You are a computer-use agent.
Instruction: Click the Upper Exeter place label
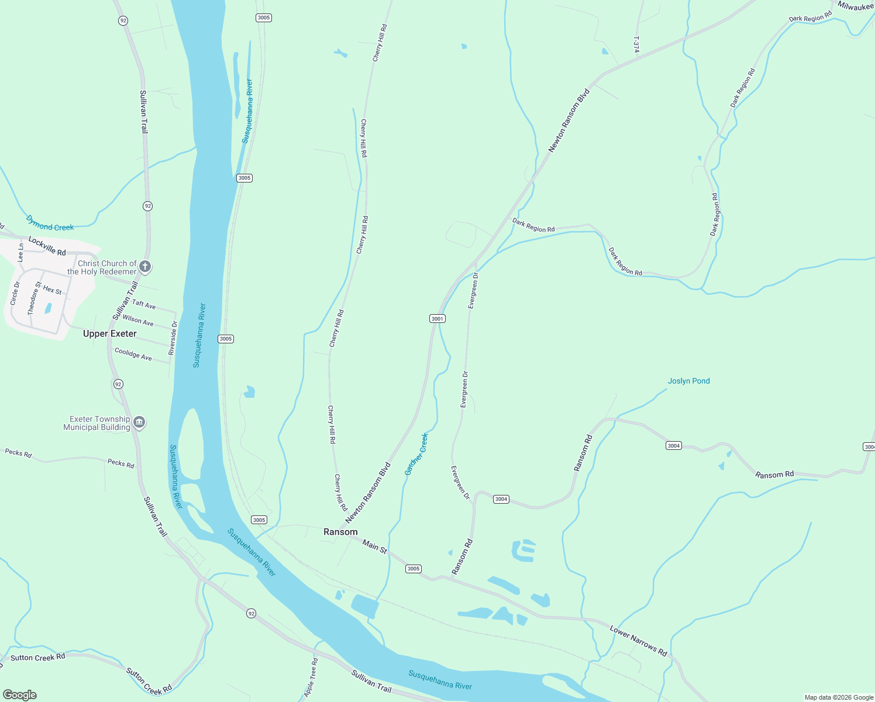[x=109, y=333]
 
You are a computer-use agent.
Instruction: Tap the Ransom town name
[x=340, y=532]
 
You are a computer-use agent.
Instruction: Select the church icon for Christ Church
[x=145, y=267]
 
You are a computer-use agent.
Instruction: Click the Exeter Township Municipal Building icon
[x=139, y=422]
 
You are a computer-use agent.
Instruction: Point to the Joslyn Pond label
[x=688, y=381]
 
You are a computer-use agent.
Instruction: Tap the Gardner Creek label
[x=416, y=454]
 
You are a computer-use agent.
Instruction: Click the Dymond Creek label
[x=50, y=223]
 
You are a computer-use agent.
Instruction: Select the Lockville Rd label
[x=47, y=246]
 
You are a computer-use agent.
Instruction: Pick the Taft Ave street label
[x=144, y=304]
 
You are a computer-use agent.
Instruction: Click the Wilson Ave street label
[x=138, y=321]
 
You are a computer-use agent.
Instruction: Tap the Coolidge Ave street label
[x=133, y=354]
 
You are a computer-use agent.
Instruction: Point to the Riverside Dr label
[x=172, y=338]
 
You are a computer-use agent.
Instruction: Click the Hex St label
[x=52, y=290]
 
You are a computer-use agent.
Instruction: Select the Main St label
[x=374, y=547]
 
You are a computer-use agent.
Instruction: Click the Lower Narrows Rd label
[x=638, y=641]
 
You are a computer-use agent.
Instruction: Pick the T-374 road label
[x=636, y=44]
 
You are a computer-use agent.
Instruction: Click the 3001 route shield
[x=437, y=318]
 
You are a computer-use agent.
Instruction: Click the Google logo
[x=19, y=695]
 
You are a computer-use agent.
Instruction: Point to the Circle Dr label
[x=15, y=293]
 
